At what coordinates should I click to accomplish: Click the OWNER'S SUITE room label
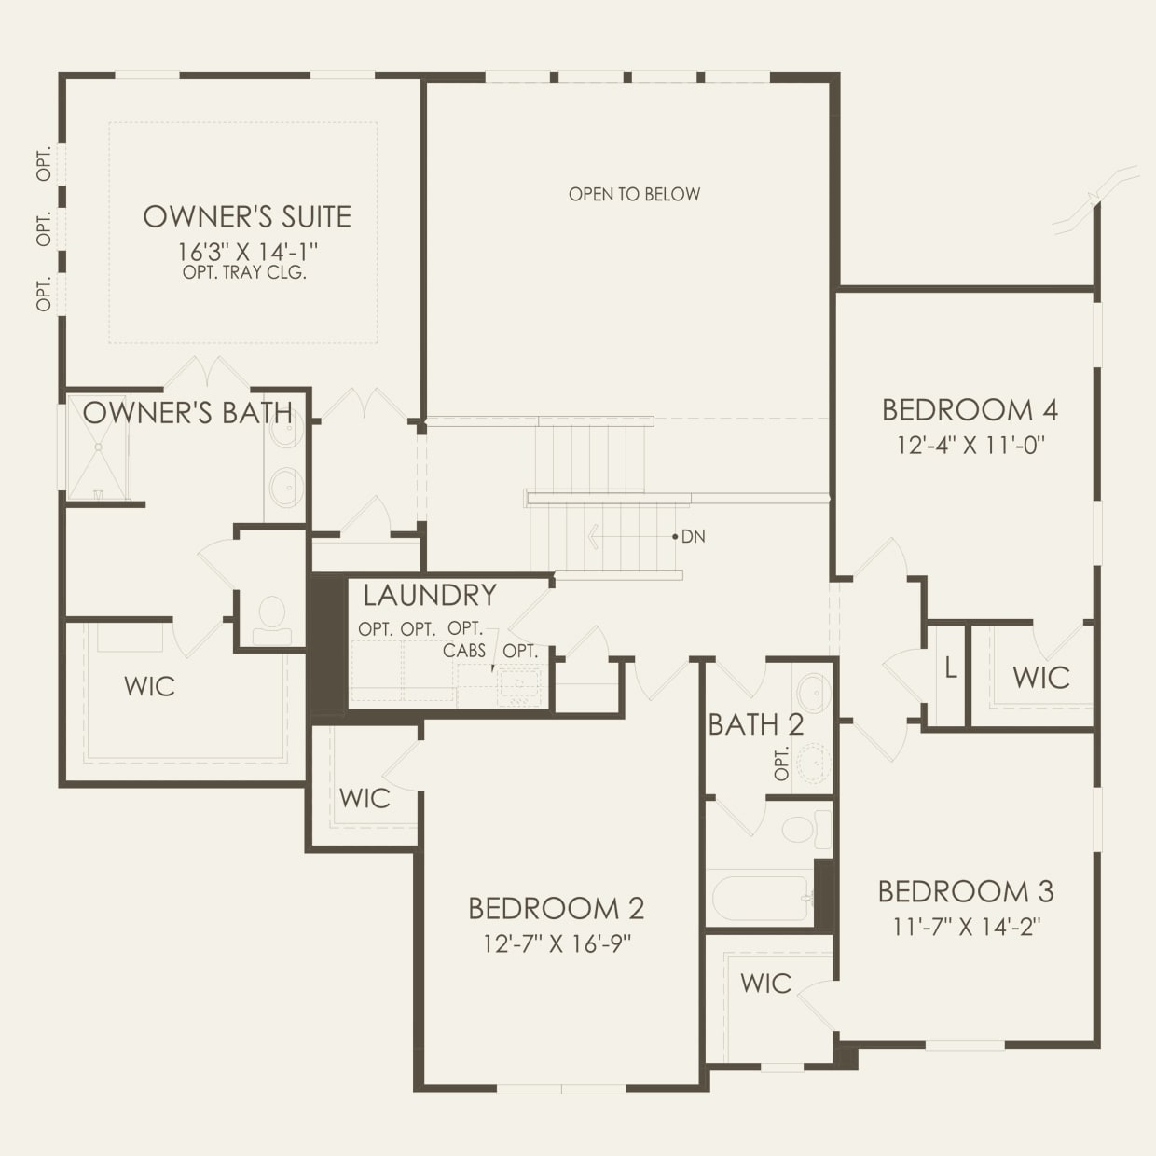point(247,216)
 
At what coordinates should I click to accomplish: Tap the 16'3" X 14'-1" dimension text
point(248,252)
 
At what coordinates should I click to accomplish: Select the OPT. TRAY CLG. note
point(245,273)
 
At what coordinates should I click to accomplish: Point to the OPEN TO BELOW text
point(634,194)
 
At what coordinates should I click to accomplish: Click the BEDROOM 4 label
point(970,410)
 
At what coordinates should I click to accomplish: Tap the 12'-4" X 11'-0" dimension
point(970,445)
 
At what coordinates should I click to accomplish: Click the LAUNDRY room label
point(430,595)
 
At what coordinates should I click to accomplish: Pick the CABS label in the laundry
point(464,650)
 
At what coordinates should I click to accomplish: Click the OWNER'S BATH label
point(187,413)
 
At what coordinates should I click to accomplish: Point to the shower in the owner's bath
point(98,447)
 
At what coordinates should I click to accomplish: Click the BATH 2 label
point(755,724)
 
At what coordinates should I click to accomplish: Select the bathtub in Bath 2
point(761,898)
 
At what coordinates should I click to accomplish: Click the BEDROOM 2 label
point(556,908)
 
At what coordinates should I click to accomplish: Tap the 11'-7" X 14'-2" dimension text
point(966,927)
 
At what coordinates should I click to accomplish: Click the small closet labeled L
point(950,668)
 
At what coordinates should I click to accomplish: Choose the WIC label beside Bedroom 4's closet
point(1040,678)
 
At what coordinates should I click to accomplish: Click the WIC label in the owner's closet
point(149,687)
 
